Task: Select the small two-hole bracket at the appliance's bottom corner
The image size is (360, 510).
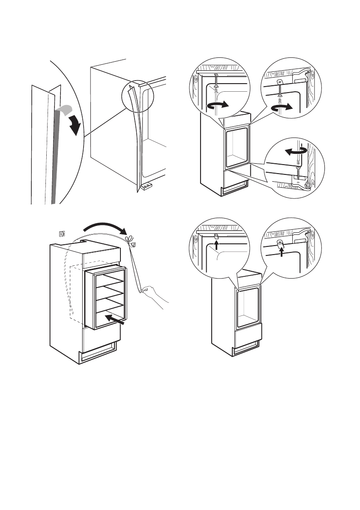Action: [x=146, y=187]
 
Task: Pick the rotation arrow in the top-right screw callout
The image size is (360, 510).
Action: [x=284, y=109]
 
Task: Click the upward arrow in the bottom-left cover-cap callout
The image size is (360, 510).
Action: [x=217, y=245]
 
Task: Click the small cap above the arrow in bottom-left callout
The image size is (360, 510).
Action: [x=216, y=236]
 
